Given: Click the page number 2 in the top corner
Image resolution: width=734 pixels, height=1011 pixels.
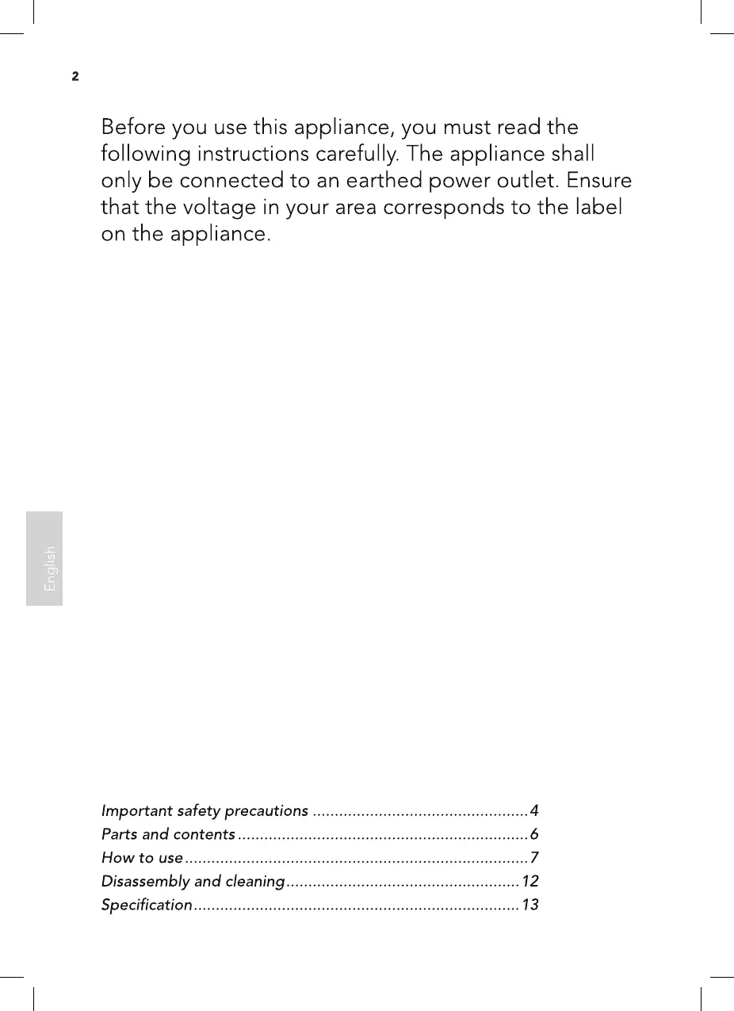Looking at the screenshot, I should point(75,77).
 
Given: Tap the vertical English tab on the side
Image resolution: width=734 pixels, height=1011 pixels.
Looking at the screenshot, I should point(44,558).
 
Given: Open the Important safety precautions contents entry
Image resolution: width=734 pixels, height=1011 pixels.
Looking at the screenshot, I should point(205,811).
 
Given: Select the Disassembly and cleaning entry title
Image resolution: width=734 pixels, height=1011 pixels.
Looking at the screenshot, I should point(193,882).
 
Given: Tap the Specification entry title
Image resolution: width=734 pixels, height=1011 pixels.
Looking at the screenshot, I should point(147,905).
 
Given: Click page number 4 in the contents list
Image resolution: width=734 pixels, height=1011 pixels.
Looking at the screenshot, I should point(534,811).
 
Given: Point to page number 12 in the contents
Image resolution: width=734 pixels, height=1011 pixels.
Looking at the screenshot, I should point(530,882).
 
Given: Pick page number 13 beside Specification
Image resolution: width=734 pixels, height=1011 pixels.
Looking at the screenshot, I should point(530,905).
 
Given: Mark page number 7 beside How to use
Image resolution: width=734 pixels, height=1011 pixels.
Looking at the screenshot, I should point(534,858).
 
